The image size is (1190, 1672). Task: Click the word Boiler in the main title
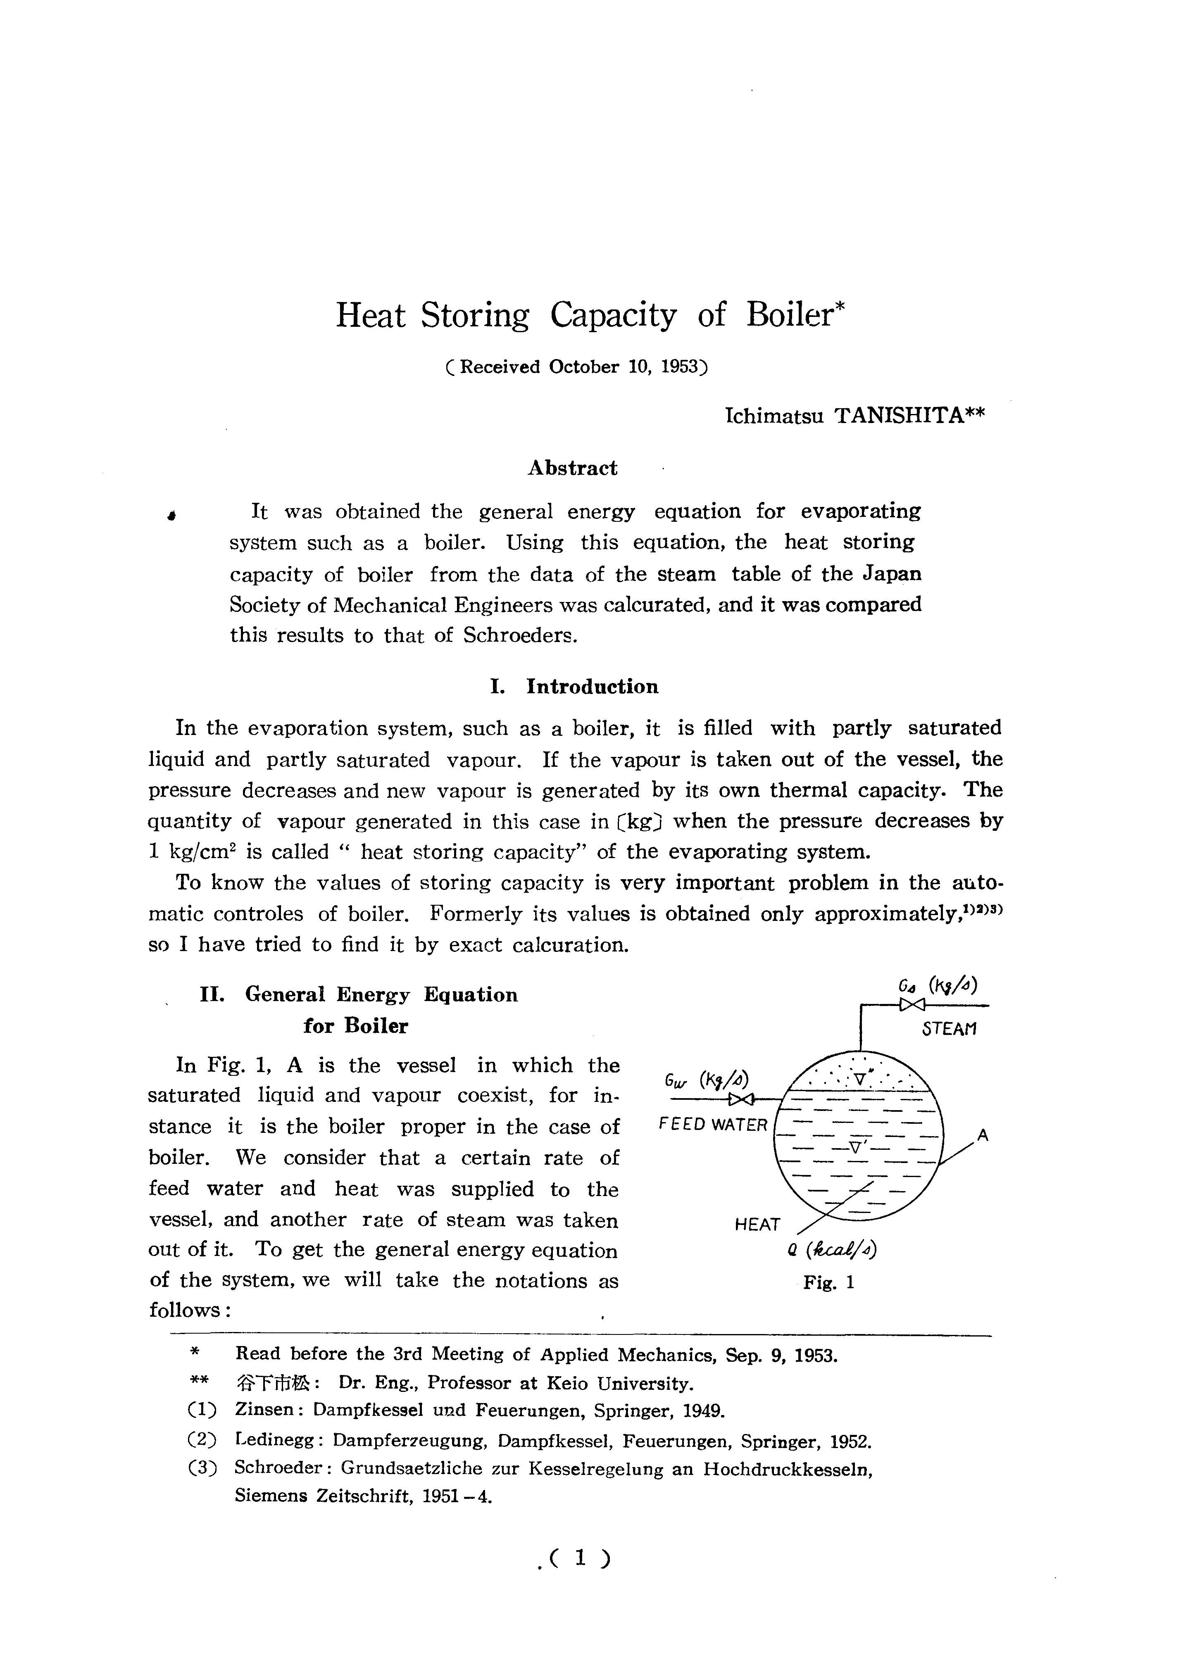point(791,316)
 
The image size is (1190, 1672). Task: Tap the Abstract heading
point(572,468)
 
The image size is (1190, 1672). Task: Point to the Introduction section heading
point(592,687)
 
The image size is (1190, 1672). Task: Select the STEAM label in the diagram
point(950,1029)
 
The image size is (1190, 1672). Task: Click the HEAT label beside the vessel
point(757,1224)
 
